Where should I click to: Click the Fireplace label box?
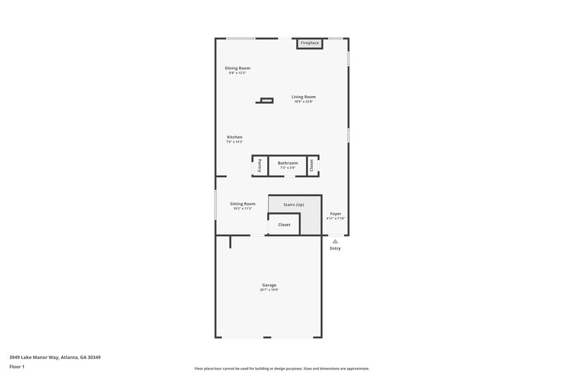[x=309, y=43]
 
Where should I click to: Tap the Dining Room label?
[x=238, y=68]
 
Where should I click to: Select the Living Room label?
[x=304, y=97]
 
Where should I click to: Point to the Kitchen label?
[x=235, y=137]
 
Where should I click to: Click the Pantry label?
[x=259, y=166]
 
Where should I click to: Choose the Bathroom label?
[x=288, y=163]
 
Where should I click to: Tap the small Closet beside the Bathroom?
[x=312, y=166]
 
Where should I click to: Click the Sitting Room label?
[x=243, y=204]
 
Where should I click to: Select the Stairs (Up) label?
[x=294, y=205]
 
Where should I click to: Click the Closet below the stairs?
[x=284, y=224]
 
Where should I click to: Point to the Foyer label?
[x=336, y=214]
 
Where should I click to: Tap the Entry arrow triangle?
[x=335, y=241]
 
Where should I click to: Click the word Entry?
[x=335, y=248]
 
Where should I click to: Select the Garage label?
[x=269, y=285]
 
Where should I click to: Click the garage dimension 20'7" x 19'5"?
[x=269, y=290]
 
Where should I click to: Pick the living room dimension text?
[x=304, y=102]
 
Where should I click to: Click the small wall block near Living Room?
[x=264, y=101]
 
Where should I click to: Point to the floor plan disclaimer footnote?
[x=282, y=368]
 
